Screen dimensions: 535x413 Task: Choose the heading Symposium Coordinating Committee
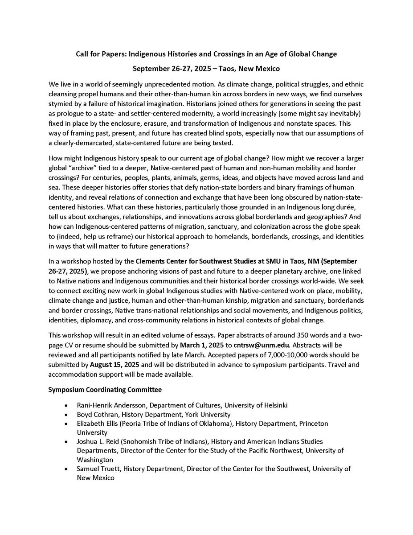pyautogui.click(x=105, y=390)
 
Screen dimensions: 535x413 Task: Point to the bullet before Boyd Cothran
pyautogui.click(x=66, y=414)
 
